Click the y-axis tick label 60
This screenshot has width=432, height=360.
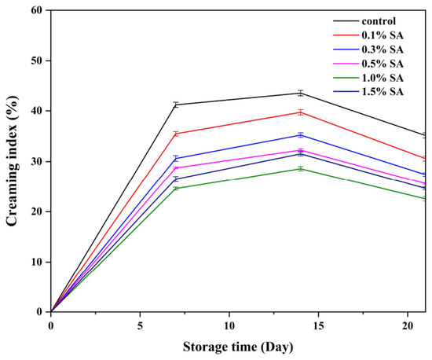coord(38,10)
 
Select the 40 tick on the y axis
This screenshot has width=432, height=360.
coord(38,111)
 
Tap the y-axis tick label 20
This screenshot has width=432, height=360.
coord(38,211)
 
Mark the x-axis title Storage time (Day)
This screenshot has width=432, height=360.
coord(238,347)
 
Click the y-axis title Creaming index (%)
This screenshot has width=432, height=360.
coord(12,161)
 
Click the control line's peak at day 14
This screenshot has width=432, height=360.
coord(301,94)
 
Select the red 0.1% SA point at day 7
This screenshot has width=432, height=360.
coord(176,134)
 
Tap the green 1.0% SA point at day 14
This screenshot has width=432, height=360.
coord(301,169)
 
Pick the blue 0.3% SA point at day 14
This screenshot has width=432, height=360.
coord(301,135)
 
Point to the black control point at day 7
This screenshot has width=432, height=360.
coord(176,105)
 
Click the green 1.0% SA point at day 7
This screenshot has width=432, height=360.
coord(176,189)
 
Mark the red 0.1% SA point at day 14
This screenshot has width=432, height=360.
coord(301,112)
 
